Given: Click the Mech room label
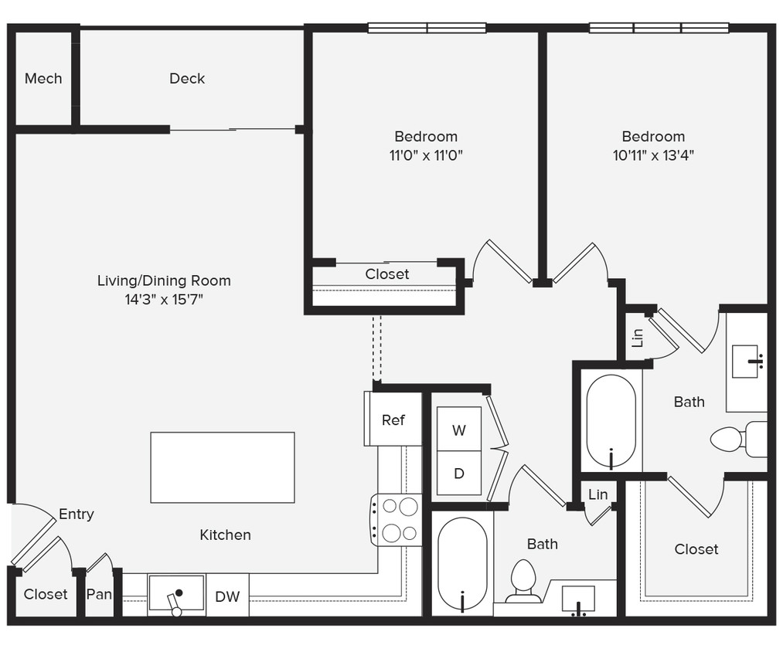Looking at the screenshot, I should [43, 78].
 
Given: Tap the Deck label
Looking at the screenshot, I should [187, 78].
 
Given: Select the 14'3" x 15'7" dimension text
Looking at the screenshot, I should [164, 299].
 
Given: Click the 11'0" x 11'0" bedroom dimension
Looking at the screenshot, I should [426, 155].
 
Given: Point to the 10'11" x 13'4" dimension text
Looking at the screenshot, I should [653, 155].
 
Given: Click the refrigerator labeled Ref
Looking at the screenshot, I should [393, 419].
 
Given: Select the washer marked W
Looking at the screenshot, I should [459, 430].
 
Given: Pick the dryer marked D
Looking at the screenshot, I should [459, 473].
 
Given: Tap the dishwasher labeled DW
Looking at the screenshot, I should [227, 595].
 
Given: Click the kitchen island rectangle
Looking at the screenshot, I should [222, 467].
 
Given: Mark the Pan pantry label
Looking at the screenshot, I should [99, 594].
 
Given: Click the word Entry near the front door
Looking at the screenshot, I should [77, 514].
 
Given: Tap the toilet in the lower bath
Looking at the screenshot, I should [523, 581].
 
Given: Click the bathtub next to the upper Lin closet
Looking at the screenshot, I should [611, 421].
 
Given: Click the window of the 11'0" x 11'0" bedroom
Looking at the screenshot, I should [427, 28].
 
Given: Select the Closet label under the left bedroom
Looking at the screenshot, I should [387, 274].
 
